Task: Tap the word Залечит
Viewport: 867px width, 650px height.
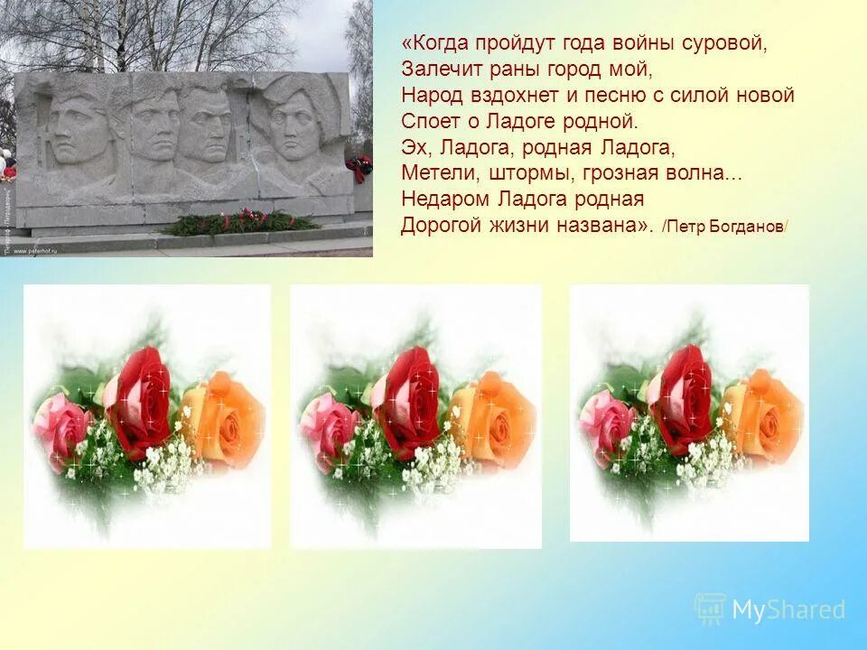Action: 433,70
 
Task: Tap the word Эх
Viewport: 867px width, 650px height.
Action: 413,147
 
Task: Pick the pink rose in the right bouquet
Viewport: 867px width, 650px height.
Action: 607,421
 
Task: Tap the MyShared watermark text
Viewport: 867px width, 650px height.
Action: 788,610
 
